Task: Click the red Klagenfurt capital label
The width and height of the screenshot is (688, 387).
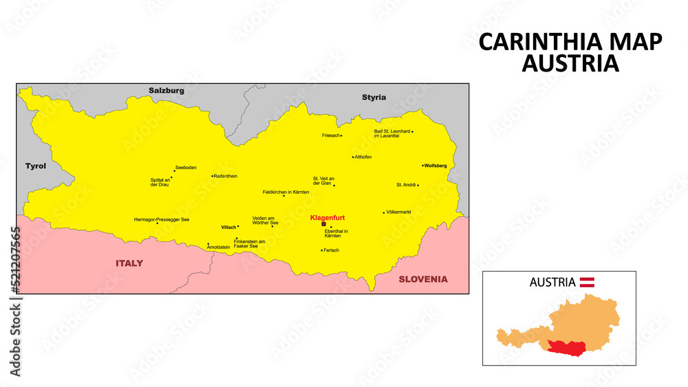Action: [x=327, y=218]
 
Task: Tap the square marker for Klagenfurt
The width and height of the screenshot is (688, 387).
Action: [x=323, y=224]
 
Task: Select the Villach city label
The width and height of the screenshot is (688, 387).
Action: [x=228, y=227]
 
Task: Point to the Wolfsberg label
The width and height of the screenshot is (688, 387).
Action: [x=436, y=166]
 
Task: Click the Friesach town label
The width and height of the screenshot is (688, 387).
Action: [x=330, y=135]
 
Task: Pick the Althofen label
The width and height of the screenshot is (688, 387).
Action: [x=363, y=157]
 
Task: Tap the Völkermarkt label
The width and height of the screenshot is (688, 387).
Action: [x=399, y=212]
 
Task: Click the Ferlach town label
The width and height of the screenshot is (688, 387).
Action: [x=331, y=250]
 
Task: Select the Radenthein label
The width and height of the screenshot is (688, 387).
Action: [x=226, y=176]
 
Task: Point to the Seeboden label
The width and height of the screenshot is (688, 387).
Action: [x=186, y=168]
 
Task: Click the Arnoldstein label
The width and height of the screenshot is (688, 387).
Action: [x=218, y=247]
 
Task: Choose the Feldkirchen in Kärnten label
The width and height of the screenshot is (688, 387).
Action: [x=286, y=192]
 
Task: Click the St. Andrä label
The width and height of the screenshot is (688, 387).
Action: [x=405, y=185]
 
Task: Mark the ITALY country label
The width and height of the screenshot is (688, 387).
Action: [x=129, y=263]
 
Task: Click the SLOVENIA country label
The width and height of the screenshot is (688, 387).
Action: [x=422, y=279]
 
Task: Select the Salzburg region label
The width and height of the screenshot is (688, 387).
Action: [x=166, y=91]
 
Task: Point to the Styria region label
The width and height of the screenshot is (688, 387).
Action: [x=374, y=98]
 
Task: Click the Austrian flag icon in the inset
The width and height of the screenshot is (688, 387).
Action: [x=587, y=282]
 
